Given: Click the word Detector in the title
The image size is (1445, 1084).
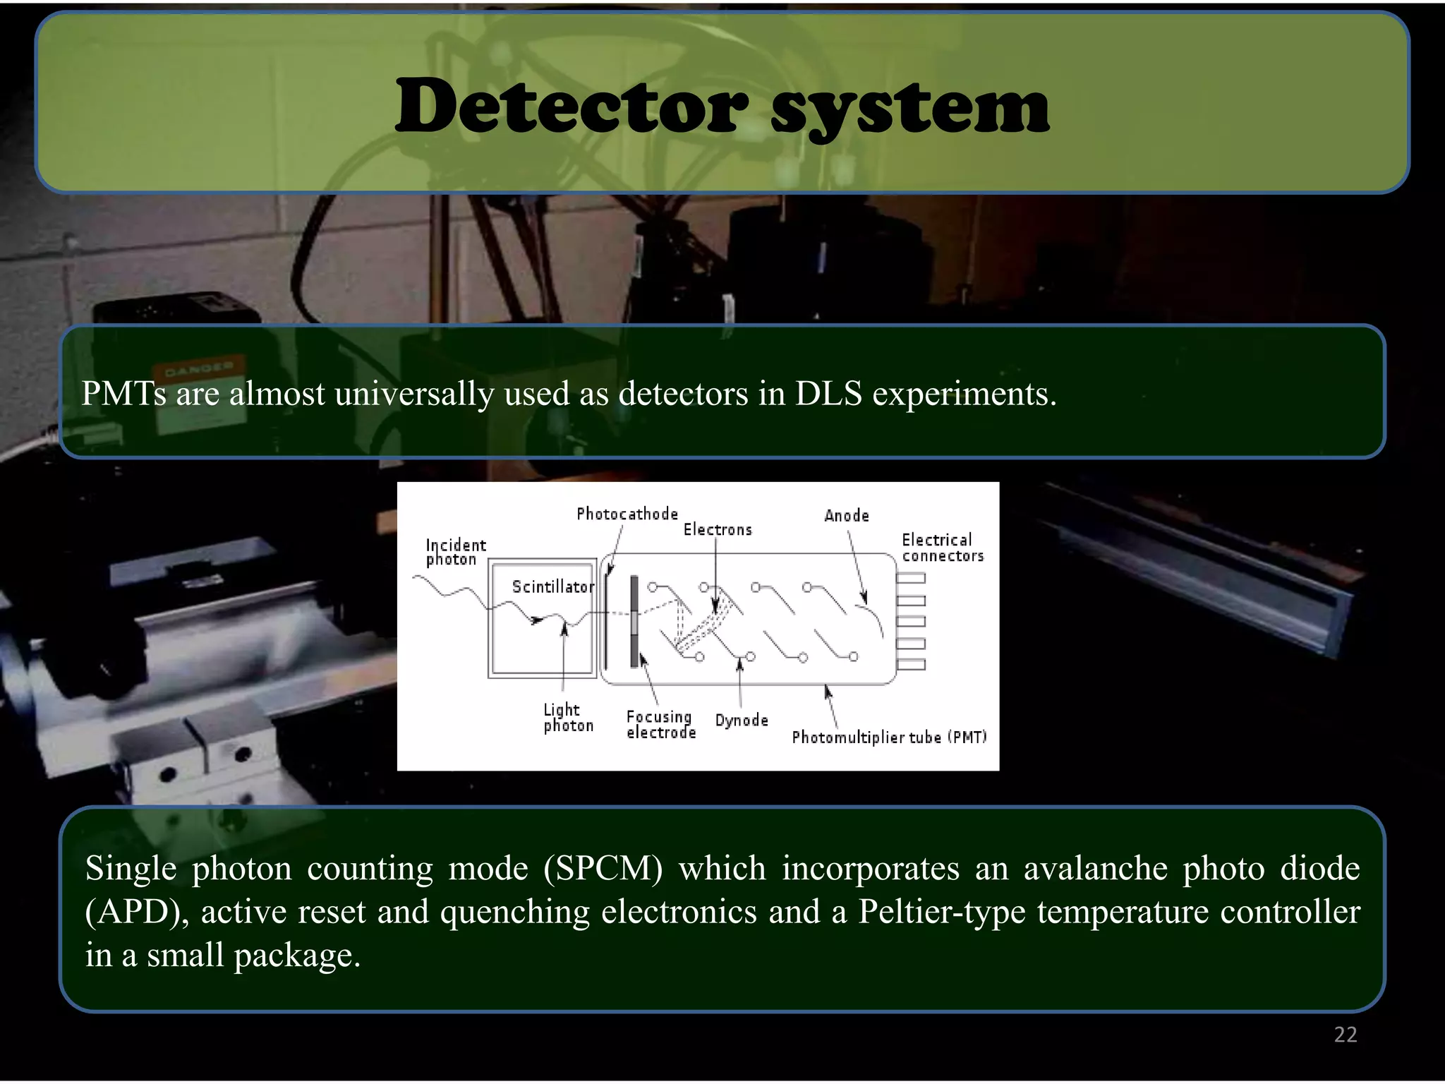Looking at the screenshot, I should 572,107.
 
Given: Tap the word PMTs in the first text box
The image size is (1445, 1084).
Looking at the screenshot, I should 123,394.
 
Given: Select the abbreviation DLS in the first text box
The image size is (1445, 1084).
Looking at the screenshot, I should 828,394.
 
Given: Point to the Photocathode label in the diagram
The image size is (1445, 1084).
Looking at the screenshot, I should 627,514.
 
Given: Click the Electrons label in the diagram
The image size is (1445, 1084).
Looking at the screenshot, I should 718,530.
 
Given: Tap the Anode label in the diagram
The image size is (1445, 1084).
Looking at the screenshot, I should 847,516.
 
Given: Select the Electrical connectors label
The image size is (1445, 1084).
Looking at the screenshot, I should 942,548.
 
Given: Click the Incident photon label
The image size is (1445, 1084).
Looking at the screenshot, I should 455,553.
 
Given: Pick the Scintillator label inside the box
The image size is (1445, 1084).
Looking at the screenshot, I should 553,587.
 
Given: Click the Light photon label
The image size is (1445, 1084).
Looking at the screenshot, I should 567,718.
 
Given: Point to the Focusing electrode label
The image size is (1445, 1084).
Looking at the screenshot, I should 660,725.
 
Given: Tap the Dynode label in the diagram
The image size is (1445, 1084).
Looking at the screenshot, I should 741,721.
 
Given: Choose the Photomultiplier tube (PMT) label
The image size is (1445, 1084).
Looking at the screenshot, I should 888,737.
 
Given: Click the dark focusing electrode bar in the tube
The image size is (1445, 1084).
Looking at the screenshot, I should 634,622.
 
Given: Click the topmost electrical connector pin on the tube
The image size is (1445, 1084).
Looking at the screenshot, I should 910,579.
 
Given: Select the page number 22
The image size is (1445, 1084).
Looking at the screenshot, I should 1345,1035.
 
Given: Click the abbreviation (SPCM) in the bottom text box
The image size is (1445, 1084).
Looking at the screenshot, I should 603,869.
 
